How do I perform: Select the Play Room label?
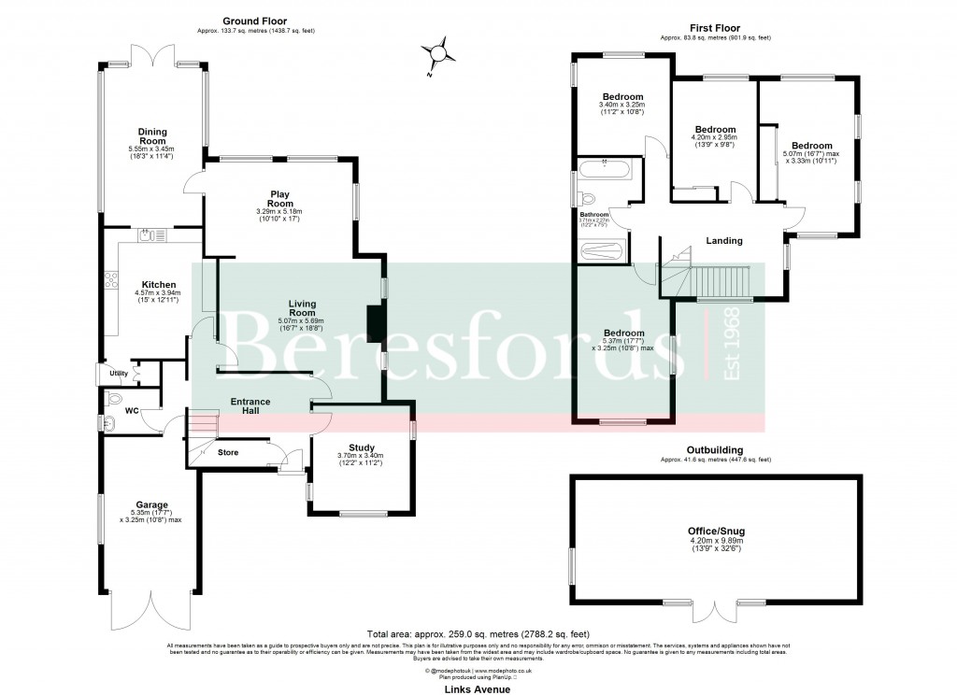(x=279, y=199)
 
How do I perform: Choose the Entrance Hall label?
(x=250, y=406)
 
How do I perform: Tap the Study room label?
(x=361, y=447)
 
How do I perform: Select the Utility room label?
(x=119, y=374)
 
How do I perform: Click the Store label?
(x=228, y=453)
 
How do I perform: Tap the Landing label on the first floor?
(x=723, y=241)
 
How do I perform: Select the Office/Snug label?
(x=716, y=531)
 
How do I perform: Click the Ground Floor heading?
(x=254, y=21)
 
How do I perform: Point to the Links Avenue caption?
(x=478, y=688)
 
